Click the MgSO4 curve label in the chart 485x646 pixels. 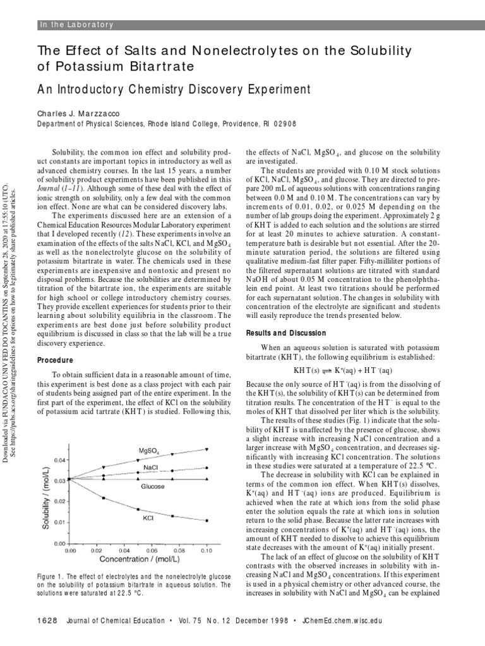click(x=149, y=450)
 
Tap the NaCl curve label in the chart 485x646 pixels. click(x=151, y=467)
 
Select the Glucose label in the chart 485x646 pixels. click(x=152, y=486)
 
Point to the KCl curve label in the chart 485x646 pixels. click(x=148, y=518)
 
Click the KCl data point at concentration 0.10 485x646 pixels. click(x=206, y=520)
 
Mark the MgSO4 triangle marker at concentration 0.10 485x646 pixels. click(x=206, y=449)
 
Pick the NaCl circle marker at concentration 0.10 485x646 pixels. click(x=206, y=467)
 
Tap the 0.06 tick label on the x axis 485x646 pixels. click(x=152, y=550)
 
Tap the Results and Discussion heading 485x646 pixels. click(x=285, y=333)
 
